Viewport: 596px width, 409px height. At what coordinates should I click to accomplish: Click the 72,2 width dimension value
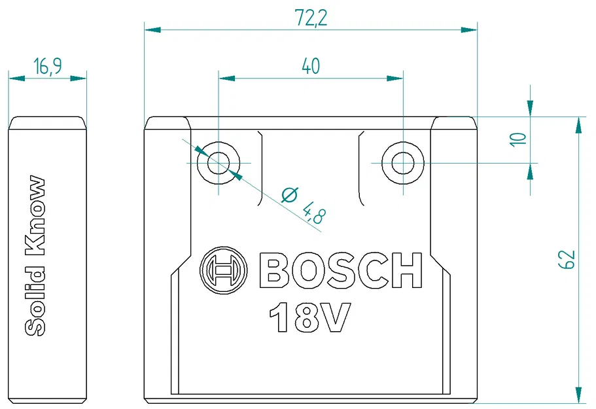point(311,18)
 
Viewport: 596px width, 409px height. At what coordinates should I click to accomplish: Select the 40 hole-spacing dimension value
point(311,66)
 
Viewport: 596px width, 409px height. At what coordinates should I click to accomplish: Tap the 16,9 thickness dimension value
point(48,66)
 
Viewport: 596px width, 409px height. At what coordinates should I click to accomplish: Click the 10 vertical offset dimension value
point(518,139)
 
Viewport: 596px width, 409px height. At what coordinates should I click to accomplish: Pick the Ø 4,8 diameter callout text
point(302,204)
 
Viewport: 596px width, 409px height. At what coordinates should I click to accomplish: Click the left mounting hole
point(219,162)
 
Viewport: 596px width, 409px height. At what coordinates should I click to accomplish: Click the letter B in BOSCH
point(275,270)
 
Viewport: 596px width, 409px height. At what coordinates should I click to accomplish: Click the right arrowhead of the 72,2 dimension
point(469,29)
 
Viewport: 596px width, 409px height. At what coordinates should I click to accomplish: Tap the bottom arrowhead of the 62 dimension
point(578,394)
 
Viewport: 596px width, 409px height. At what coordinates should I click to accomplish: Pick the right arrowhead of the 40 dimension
point(396,78)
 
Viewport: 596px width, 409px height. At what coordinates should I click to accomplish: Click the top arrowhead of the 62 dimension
point(578,125)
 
